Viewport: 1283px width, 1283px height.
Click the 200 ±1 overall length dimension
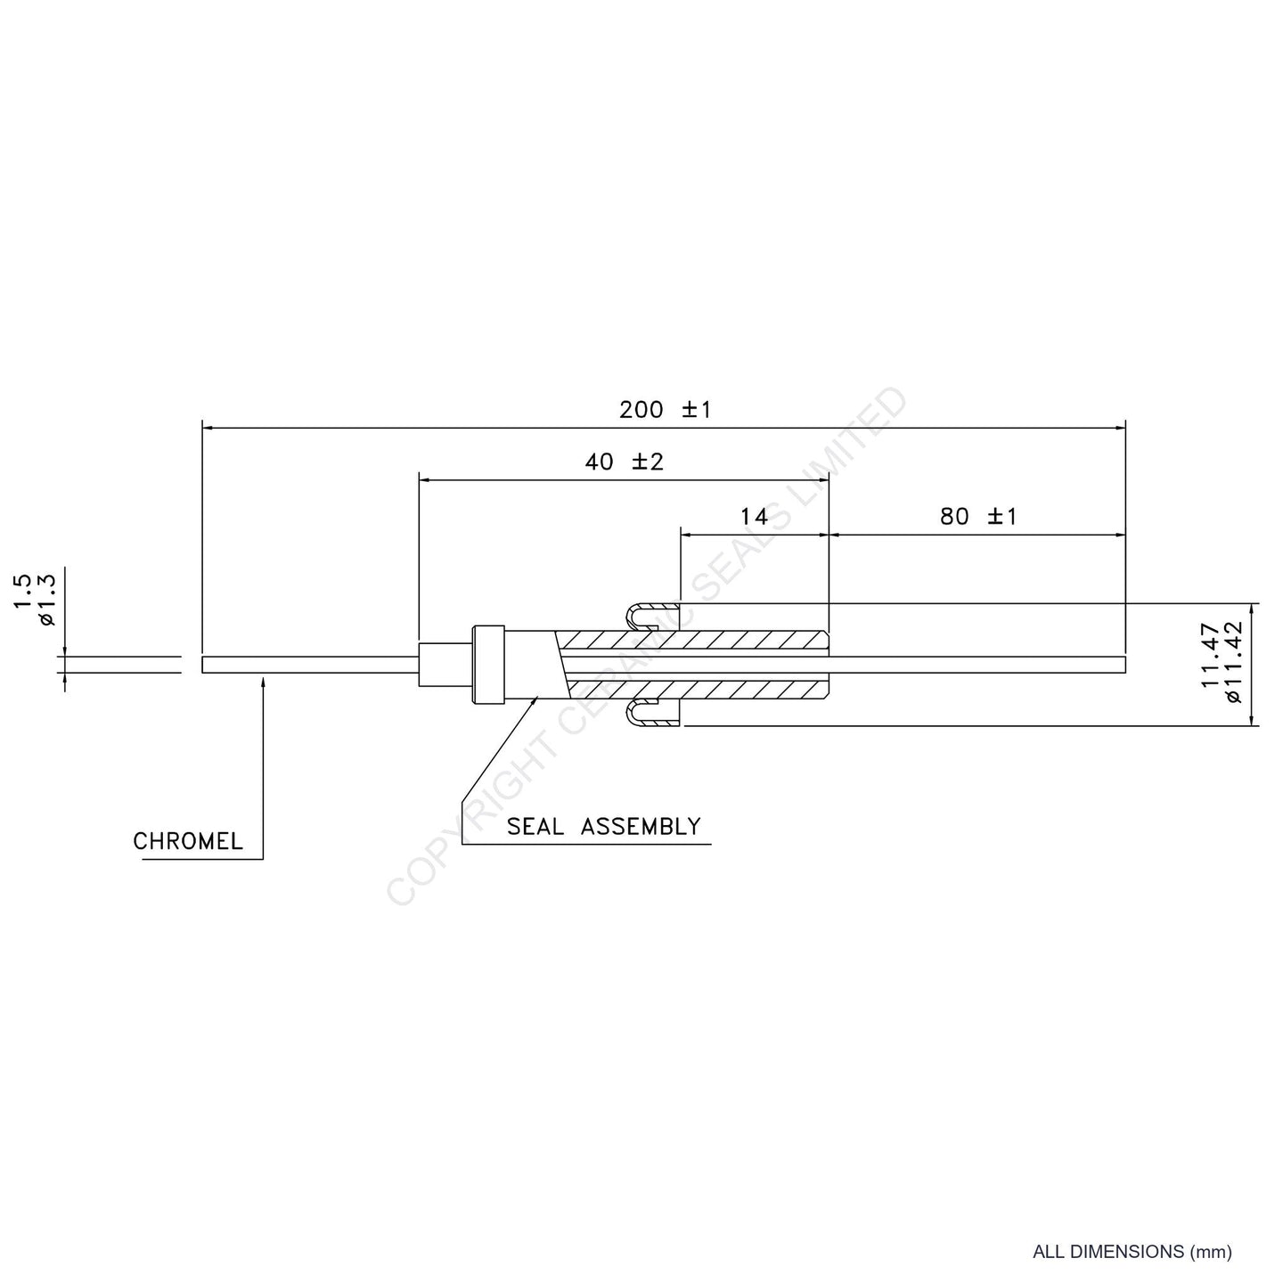point(666,410)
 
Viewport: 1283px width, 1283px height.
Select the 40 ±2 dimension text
point(625,462)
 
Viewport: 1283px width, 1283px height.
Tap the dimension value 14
point(754,516)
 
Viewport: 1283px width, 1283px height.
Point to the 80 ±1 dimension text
point(978,516)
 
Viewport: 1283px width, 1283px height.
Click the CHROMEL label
point(188,841)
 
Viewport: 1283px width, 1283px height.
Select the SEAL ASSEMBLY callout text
point(604,826)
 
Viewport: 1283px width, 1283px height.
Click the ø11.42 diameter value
point(1234,661)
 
